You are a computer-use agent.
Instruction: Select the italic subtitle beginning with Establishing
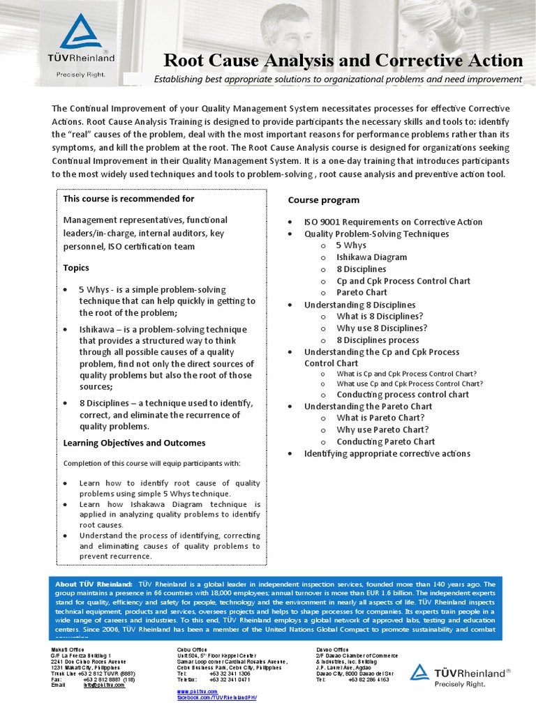[x=338, y=79]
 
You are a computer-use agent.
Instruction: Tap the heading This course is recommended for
[x=128, y=199]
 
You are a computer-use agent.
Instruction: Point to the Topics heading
[x=76, y=268]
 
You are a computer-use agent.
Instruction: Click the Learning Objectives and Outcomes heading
[x=134, y=443]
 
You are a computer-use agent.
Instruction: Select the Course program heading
[x=324, y=200]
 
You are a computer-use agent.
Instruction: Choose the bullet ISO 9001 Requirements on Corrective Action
[x=393, y=222]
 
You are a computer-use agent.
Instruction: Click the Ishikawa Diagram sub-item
[x=371, y=257]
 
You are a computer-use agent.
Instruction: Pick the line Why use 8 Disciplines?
[x=382, y=328]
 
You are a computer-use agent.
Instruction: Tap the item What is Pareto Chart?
[x=381, y=418]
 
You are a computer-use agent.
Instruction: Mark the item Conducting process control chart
[x=403, y=395]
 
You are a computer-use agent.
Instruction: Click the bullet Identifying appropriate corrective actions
[x=387, y=454]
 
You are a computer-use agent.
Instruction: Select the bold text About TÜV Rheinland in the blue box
[x=94, y=584]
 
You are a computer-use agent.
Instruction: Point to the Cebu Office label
[x=192, y=650]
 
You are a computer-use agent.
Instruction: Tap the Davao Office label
[x=333, y=650]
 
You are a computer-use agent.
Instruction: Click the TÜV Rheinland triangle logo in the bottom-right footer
[x=419, y=671]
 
